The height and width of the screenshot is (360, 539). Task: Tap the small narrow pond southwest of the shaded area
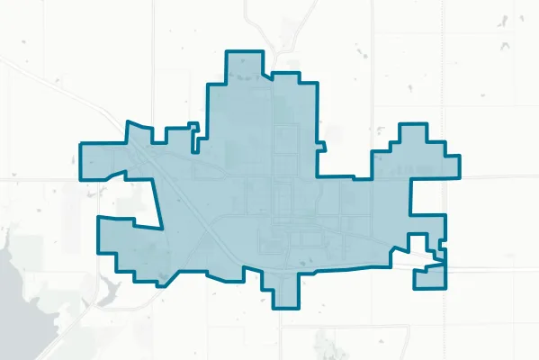[x=110, y=290]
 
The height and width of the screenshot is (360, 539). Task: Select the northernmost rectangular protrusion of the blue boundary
[x=244, y=67]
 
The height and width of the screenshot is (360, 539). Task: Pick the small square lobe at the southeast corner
[x=429, y=277]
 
